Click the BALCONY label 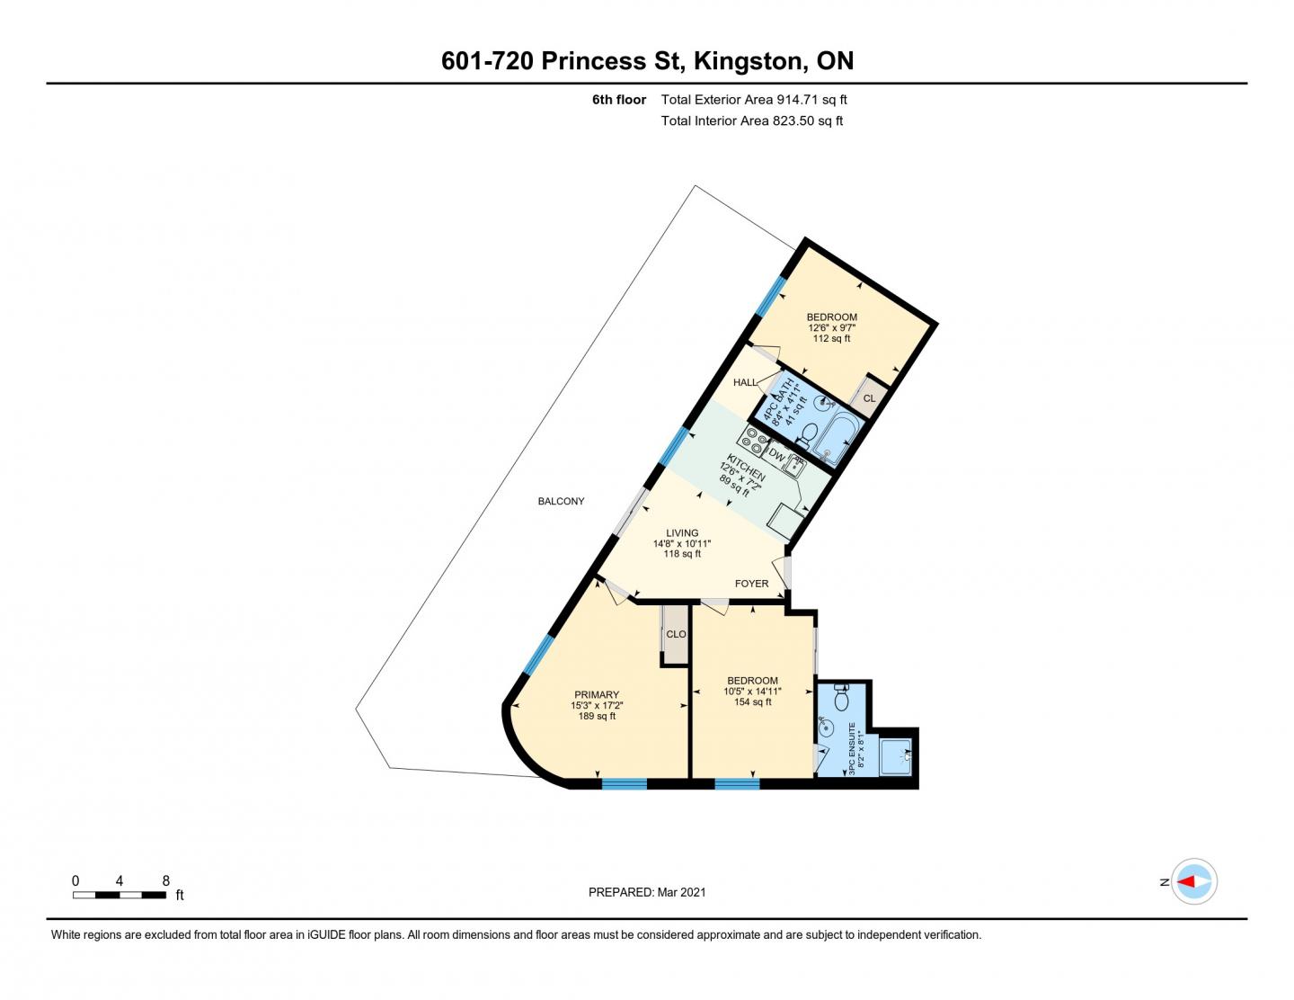tap(561, 501)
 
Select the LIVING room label tap(682, 533)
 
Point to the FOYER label tap(751, 584)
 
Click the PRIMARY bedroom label tap(597, 694)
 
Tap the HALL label tap(745, 382)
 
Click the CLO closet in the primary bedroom tap(676, 634)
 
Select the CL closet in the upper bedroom tap(869, 397)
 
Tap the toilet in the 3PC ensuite tap(841, 698)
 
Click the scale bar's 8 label tap(165, 881)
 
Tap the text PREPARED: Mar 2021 tap(647, 892)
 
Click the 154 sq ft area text tap(752, 702)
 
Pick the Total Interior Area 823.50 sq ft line tap(751, 121)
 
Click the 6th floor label tap(618, 100)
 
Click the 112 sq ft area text tap(831, 338)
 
